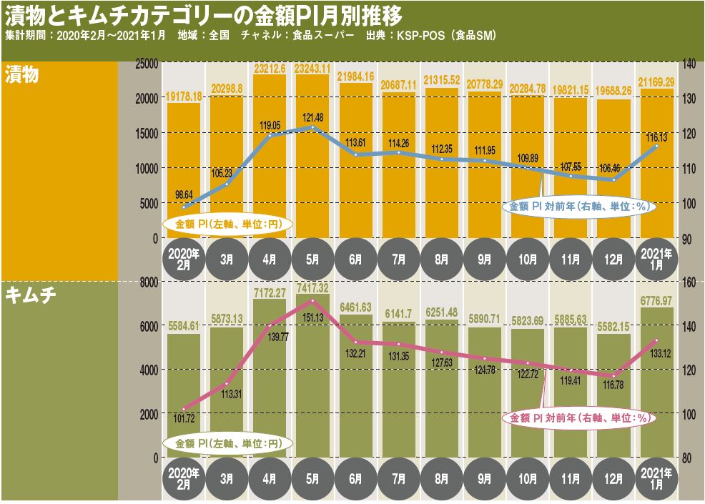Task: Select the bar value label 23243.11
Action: pyautogui.click(x=312, y=69)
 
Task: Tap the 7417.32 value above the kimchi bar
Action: pyautogui.click(x=312, y=287)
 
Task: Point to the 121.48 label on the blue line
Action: pyautogui.click(x=312, y=117)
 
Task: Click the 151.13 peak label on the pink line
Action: pyautogui.click(x=312, y=317)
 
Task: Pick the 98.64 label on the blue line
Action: pyautogui.click(x=184, y=194)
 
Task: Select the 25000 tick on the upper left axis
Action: pyautogui.click(x=146, y=64)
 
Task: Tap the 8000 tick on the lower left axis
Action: pyautogui.click(x=148, y=282)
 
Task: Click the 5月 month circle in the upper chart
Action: pyautogui.click(x=312, y=258)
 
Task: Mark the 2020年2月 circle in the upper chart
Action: pyautogui.click(x=184, y=258)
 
